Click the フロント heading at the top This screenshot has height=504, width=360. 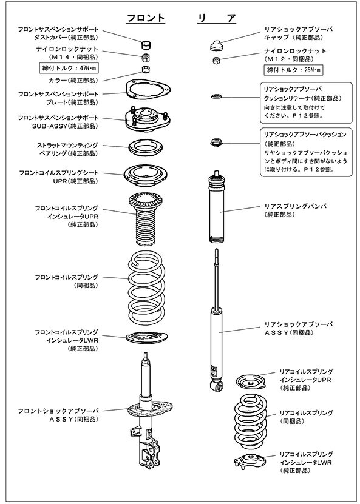[146, 18]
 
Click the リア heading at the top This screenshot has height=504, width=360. [217, 18]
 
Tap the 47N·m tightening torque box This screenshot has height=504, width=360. [69, 69]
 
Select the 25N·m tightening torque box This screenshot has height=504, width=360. [293, 70]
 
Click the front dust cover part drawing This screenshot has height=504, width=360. [146, 44]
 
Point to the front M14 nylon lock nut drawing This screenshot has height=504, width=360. [146, 58]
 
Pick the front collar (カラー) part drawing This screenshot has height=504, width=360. [146, 69]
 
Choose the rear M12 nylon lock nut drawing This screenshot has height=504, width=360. [217, 60]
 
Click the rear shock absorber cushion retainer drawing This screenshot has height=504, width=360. [217, 96]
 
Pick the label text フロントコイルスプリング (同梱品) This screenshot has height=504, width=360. [67, 281]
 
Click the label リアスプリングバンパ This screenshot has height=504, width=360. [295, 206]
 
